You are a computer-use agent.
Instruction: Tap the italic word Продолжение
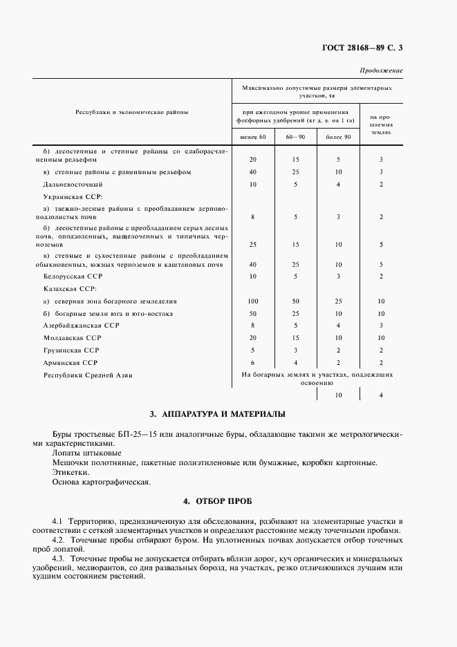[381, 71]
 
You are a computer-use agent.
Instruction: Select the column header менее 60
[253, 137]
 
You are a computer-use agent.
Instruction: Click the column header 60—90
[295, 137]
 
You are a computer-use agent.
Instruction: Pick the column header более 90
[338, 137]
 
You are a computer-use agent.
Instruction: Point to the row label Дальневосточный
[73, 185]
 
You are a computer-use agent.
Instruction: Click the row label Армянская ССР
[71, 362]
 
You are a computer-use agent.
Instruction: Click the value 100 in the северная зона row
[253, 301]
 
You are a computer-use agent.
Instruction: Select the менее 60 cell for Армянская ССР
[253, 362]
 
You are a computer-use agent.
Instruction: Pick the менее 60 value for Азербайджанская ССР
[253, 325]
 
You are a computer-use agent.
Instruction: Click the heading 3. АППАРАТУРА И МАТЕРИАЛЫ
[217, 415]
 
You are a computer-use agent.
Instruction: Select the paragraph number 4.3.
[61, 557]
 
